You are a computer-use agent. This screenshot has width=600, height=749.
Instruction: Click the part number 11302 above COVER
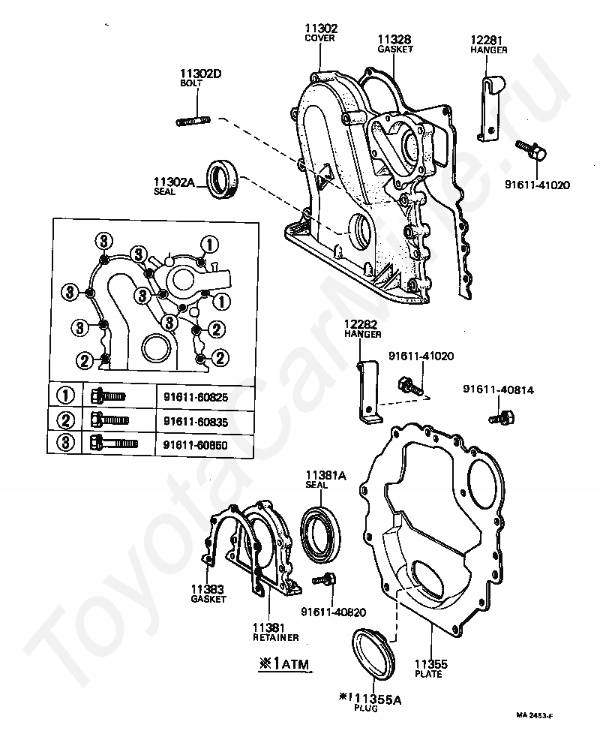point(321,29)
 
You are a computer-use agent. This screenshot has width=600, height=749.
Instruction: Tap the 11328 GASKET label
point(394,44)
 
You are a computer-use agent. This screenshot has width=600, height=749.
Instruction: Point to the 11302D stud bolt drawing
point(193,119)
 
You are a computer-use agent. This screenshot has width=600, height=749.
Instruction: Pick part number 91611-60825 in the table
point(196,398)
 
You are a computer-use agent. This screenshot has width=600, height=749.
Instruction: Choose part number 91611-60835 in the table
point(196,422)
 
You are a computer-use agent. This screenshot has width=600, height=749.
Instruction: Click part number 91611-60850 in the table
point(195,445)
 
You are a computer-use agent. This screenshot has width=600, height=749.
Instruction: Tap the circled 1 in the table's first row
point(66,396)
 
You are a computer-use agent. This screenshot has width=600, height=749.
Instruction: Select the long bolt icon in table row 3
point(114,442)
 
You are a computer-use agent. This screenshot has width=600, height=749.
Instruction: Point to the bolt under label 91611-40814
point(502,417)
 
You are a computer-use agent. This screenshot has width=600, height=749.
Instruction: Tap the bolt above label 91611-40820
point(324,579)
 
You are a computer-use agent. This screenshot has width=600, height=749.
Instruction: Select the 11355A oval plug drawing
point(373,653)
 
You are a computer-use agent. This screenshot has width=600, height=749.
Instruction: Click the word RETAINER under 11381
point(276,637)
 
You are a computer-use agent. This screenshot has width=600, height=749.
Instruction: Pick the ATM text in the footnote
point(295,664)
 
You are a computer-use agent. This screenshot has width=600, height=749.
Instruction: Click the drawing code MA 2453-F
point(534,715)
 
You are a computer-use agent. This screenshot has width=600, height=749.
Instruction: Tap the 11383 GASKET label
point(208,594)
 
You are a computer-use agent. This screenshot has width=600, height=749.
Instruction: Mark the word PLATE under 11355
point(428,674)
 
